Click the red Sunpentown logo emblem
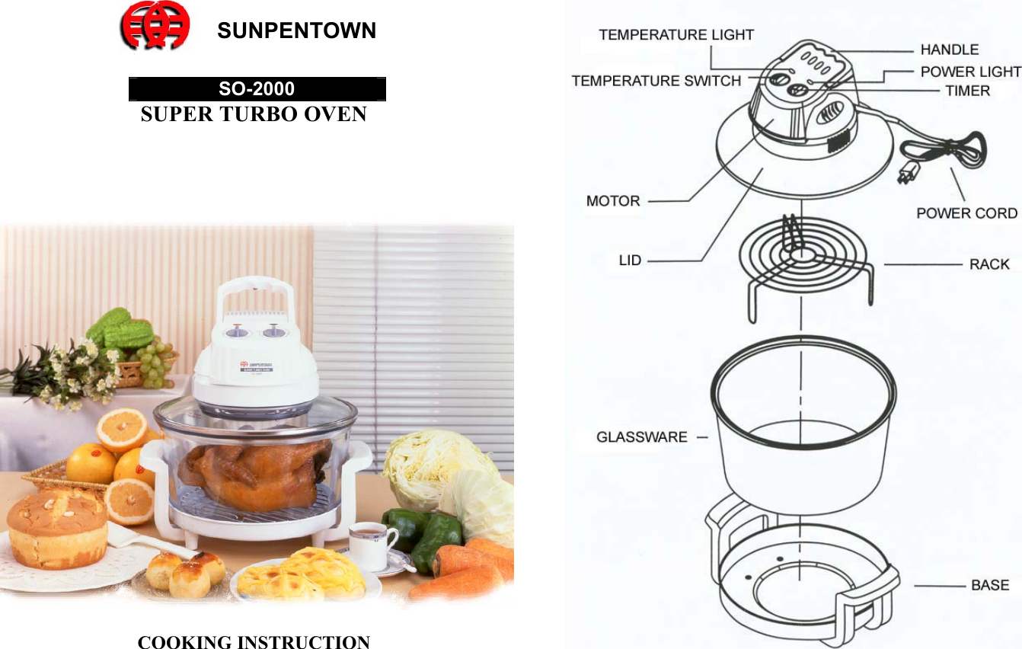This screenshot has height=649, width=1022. [x=155, y=25]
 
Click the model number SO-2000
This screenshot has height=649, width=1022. [x=257, y=89]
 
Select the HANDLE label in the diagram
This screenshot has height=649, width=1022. [x=949, y=50]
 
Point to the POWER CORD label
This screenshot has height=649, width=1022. [x=966, y=213]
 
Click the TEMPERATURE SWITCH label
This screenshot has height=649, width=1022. [x=656, y=81]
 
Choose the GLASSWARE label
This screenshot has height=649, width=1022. [x=641, y=437]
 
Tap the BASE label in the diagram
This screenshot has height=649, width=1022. [x=989, y=585]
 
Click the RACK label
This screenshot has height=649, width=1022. [x=988, y=264]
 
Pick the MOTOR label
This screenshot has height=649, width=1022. [x=613, y=201]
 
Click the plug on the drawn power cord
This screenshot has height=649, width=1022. [x=906, y=174]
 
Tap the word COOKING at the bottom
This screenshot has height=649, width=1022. [x=185, y=642]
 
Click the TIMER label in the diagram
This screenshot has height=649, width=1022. [x=967, y=91]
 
